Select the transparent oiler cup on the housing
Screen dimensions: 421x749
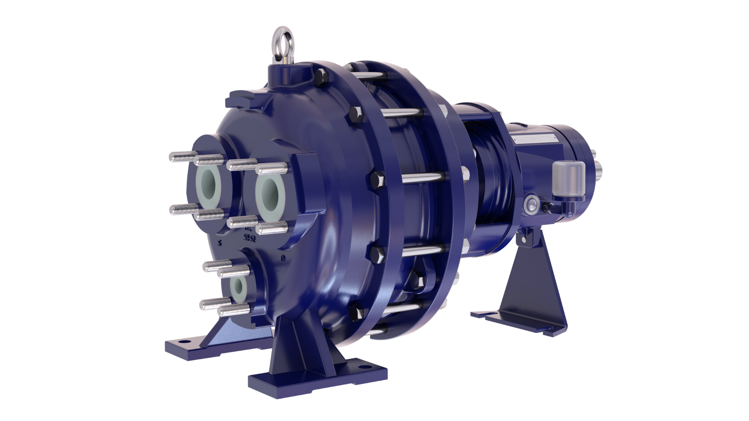pyautogui.click(x=568, y=178)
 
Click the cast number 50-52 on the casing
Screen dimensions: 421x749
pyautogui.click(x=249, y=238)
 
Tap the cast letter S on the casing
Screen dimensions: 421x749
pyautogui.click(x=220, y=244)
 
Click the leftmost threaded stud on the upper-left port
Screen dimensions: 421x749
pyautogui.click(x=177, y=157)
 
